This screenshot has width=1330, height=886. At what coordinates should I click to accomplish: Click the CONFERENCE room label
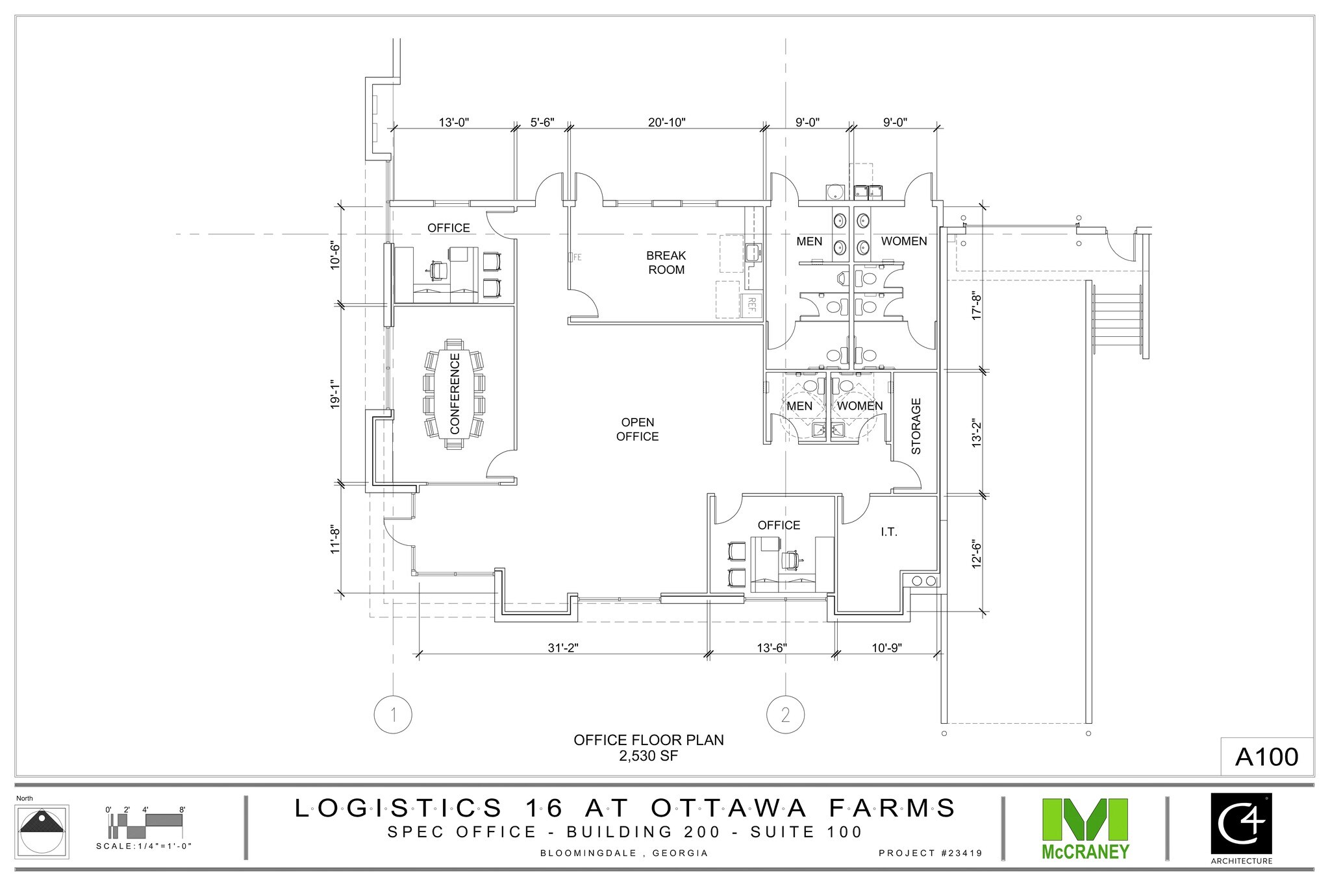coord(455,393)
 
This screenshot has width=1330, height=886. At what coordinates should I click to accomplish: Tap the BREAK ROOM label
coord(666,262)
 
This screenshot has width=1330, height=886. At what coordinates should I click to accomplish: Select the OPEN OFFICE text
coord(637,429)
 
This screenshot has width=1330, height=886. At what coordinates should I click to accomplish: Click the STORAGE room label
coord(916,426)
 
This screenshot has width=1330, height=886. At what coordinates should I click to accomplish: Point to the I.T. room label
coord(888,532)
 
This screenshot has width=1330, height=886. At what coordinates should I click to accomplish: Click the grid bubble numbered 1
coord(393,715)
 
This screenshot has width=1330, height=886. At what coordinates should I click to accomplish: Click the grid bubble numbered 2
coord(786,715)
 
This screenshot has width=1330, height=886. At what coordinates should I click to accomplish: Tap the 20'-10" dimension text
coord(666,122)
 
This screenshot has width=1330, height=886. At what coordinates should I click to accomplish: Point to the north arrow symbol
coord(43,833)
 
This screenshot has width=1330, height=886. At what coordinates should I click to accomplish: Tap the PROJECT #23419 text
coord(929,854)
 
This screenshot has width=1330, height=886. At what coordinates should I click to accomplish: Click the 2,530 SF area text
coord(648,756)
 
